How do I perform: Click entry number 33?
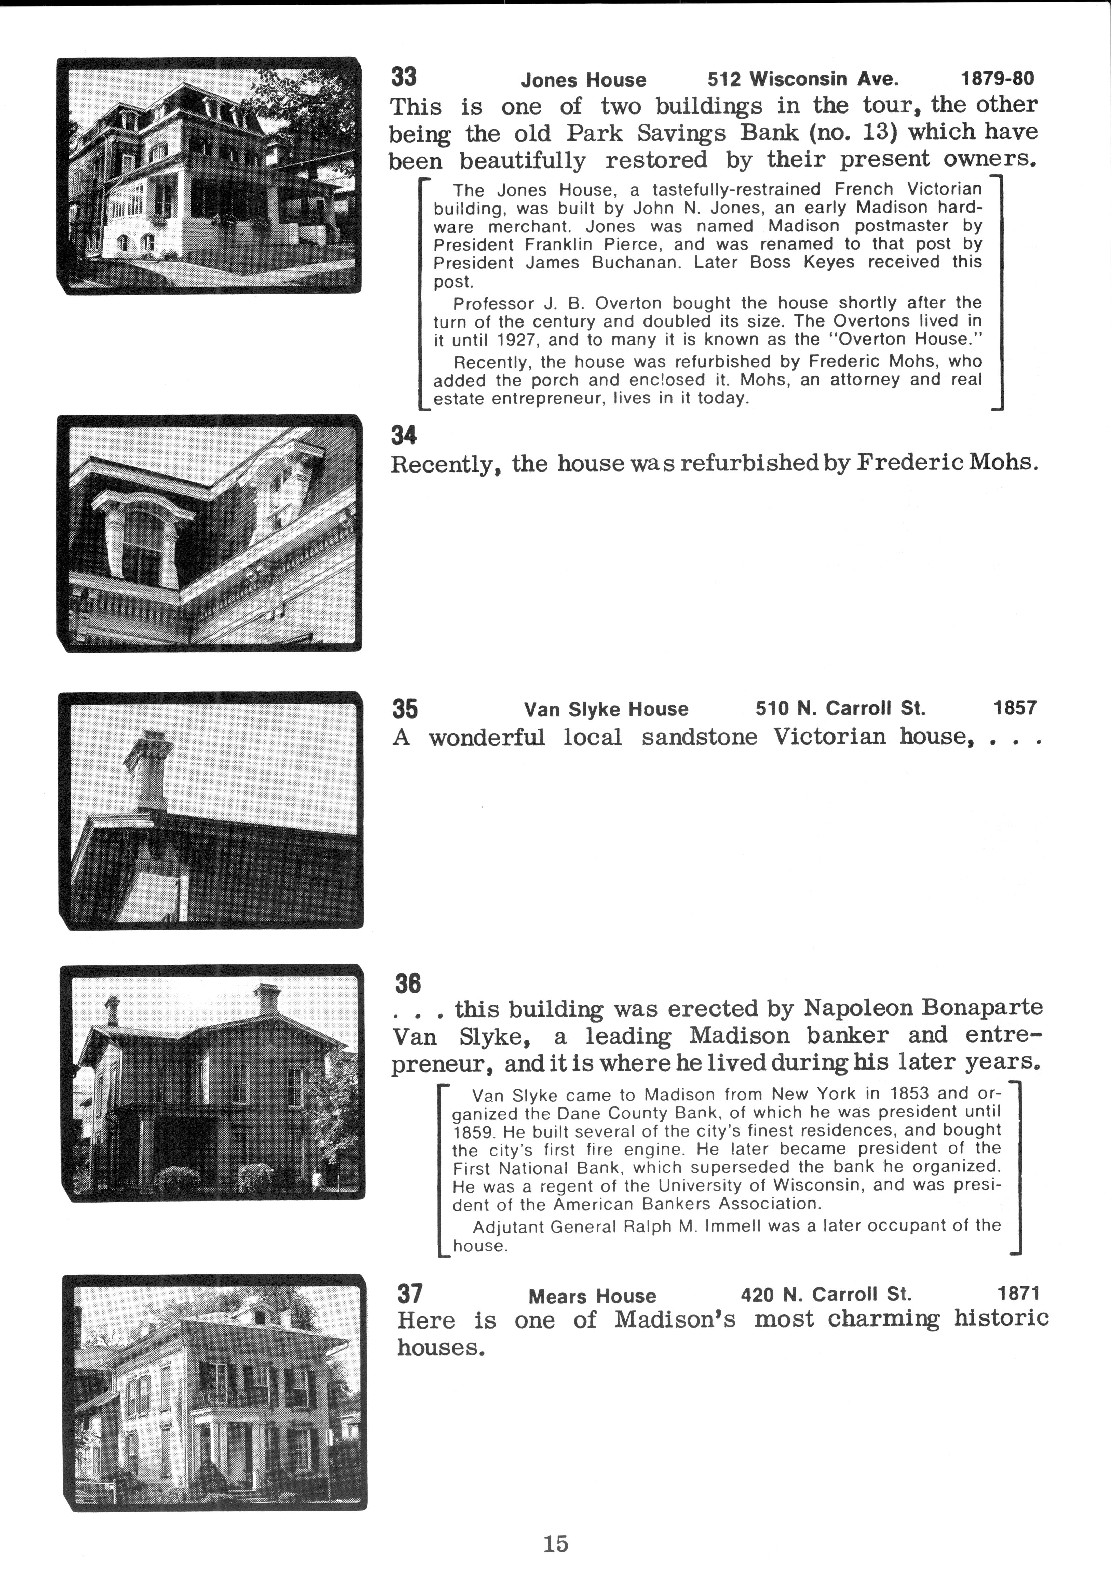(x=404, y=76)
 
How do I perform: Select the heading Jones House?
(x=583, y=80)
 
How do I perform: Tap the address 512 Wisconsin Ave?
(x=803, y=79)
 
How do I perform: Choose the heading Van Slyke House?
(x=606, y=709)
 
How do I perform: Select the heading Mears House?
(x=592, y=1296)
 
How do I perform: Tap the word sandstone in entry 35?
(x=699, y=737)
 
